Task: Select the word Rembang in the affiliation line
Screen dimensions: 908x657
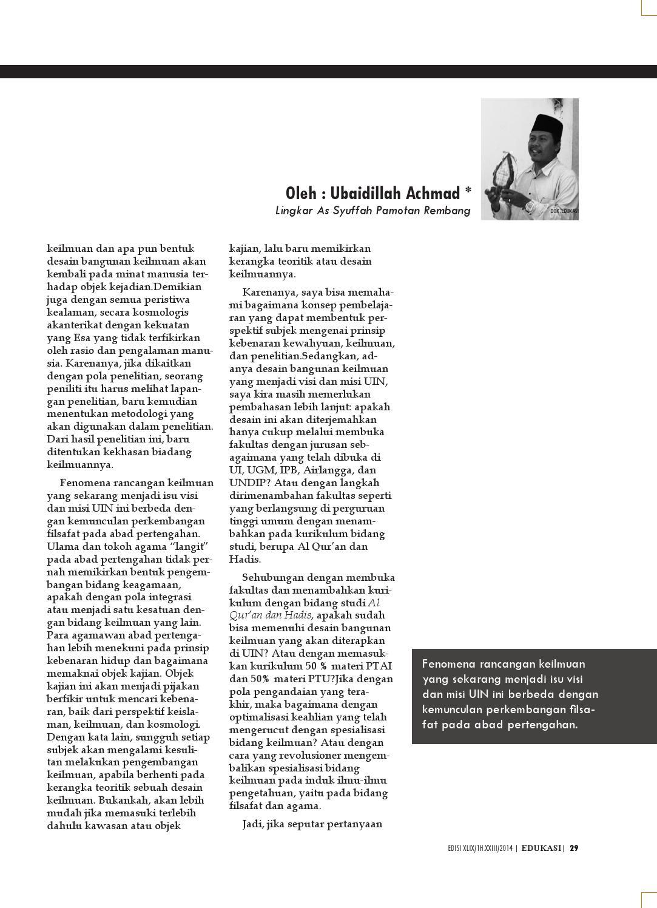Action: click(x=448, y=211)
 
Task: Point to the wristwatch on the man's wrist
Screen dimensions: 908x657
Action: click(x=530, y=206)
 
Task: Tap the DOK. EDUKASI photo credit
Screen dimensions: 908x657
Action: click(x=564, y=211)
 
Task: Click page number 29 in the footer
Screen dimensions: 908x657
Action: click(x=573, y=849)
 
